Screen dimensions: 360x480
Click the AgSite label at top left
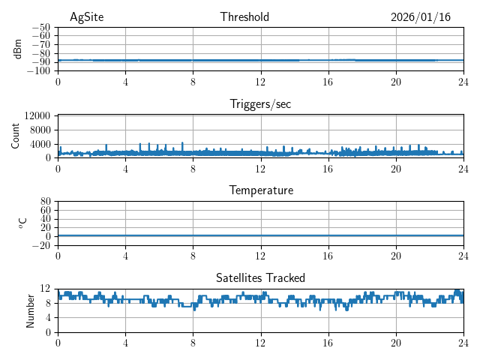(x=86, y=17)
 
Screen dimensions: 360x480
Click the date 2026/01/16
(x=420, y=17)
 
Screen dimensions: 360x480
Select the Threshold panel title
(x=244, y=17)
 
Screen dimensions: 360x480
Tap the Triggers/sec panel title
(x=260, y=104)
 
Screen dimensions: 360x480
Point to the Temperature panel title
(x=260, y=190)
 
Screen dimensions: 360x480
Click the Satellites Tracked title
(x=260, y=277)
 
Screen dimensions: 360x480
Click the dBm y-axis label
(x=19, y=49)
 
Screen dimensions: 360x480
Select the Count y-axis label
(x=16, y=136)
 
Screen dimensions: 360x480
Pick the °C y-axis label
(x=22, y=223)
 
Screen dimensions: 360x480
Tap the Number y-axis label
(x=31, y=310)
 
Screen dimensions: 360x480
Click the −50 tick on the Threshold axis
(x=40, y=27)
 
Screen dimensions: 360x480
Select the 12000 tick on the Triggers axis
(x=37, y=115)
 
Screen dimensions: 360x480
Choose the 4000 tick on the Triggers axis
(x=40, y=144)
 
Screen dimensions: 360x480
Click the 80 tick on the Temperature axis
(x=45, y=202)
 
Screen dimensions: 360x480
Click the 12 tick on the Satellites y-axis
(x=45, y=289)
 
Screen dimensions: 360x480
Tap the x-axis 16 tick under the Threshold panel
(x=328, y=82)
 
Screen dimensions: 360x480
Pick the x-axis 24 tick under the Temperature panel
(x=463, y=256)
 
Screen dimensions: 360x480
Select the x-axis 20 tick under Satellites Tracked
(x=395, y=343)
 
